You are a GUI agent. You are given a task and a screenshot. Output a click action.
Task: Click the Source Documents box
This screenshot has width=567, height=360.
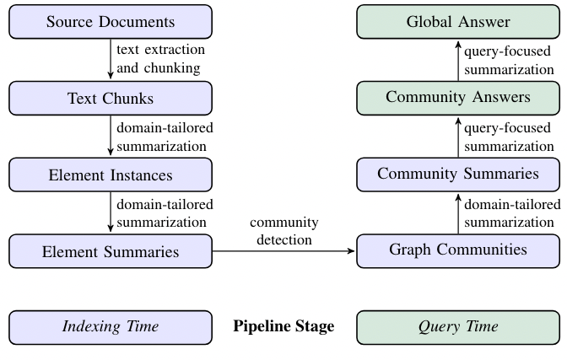point(111,22)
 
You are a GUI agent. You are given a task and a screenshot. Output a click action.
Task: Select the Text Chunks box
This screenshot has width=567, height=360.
point(111,98)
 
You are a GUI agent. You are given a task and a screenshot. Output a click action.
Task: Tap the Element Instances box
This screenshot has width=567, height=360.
point(111,175)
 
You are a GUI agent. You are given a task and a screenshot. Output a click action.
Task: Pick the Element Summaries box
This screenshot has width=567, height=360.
point(111,251)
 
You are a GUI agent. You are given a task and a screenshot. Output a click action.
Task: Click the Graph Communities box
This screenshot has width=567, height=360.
point(458,250)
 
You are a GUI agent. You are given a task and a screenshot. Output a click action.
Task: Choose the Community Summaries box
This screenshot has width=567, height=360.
point(458,175)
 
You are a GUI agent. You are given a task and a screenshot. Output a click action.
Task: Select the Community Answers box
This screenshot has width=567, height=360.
point(458,98)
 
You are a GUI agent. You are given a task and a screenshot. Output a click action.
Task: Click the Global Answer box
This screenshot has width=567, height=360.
point(458,22)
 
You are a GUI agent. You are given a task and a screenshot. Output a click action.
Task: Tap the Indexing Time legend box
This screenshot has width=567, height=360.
point(111,327)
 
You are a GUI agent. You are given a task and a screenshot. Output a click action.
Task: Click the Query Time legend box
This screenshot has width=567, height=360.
point(458,327)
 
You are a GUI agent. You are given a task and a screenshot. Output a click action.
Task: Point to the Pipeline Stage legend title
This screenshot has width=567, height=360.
point(283,327)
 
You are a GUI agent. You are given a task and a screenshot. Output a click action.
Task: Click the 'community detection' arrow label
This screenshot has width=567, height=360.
point(283,231)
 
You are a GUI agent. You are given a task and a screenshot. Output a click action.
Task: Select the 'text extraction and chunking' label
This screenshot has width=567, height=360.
point(160,59)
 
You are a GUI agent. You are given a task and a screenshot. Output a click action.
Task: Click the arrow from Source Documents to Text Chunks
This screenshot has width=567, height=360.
point(111,59)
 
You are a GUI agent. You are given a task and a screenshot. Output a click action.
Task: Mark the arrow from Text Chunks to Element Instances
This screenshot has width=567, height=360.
point(111,136)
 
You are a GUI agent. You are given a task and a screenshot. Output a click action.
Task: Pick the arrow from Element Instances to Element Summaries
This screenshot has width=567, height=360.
point(111,212)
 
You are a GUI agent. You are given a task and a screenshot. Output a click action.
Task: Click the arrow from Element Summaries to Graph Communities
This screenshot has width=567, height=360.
point(283,251)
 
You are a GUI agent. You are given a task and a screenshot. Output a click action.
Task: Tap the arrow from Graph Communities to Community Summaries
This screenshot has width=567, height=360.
point(458,212)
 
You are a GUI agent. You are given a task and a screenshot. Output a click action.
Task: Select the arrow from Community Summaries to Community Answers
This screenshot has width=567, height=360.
point(458,136)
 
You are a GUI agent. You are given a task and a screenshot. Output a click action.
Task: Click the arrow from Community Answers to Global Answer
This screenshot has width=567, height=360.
point(458,59)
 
